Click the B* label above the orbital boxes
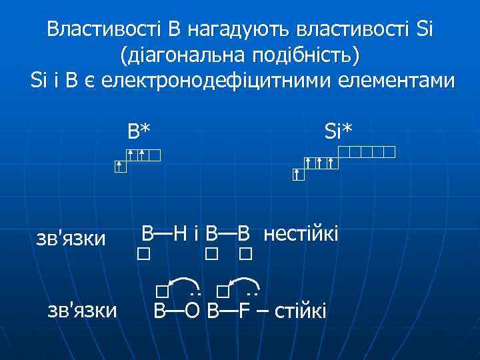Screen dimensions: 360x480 [140, 131]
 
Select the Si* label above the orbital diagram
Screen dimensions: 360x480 [338, 131]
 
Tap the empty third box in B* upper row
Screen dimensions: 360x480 [155, 156]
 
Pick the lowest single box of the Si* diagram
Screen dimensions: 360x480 [298, 175]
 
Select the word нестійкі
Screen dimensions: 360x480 [301, 234]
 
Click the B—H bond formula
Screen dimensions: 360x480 [165, 234]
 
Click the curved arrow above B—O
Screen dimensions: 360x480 [185, 283]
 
